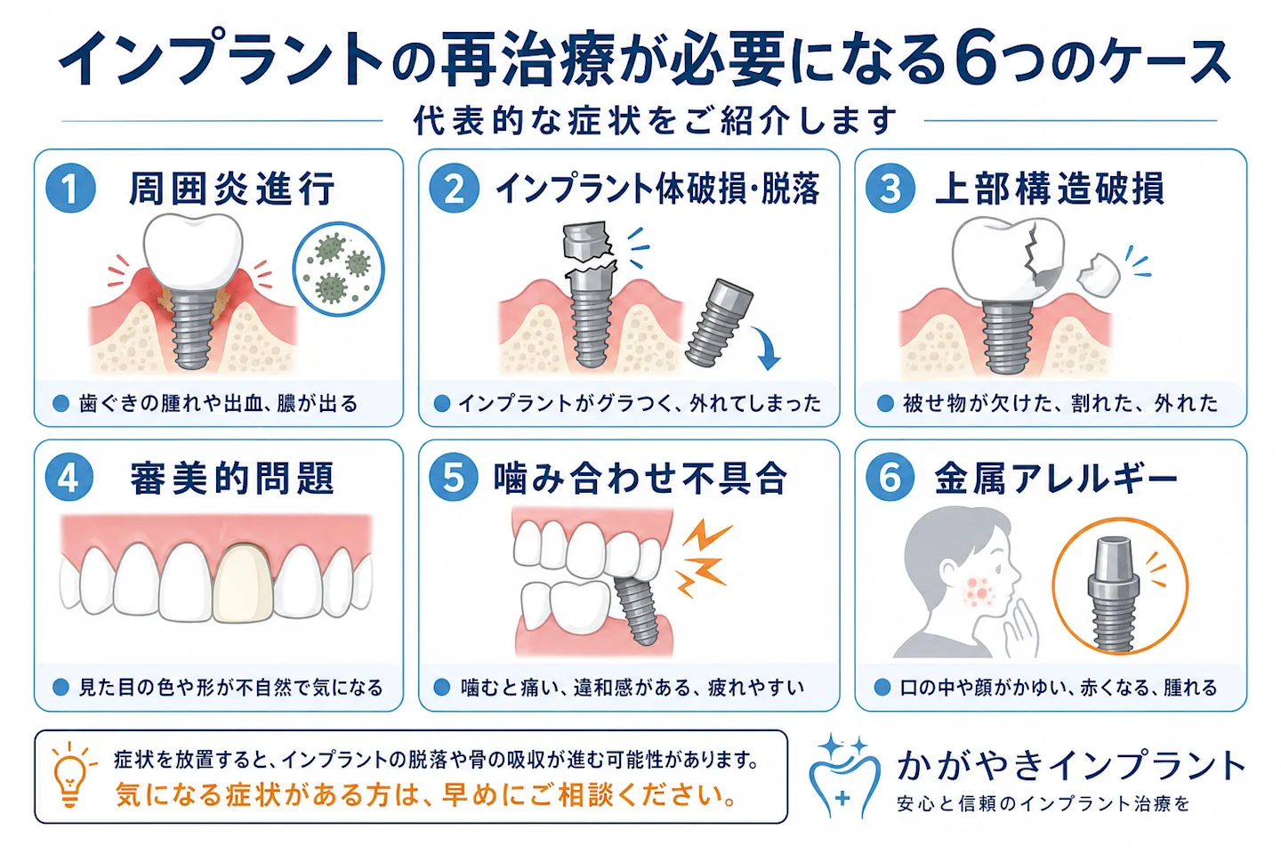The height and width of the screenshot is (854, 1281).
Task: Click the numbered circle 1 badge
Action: pos(70,189)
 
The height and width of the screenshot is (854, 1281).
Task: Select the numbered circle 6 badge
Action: pos(890,477)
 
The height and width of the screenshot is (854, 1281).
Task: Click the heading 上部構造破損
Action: pos(1050,189)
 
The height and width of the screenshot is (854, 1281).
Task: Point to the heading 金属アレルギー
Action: pos(1056,478)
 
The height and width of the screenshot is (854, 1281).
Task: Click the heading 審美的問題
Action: pos(232,478)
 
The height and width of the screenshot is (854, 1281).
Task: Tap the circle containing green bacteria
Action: pos(339,269)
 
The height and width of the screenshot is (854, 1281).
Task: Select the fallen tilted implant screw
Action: pos(719,322)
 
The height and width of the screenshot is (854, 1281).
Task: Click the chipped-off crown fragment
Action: pos(1098,276)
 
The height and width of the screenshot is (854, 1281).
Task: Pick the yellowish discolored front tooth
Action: pos(243,583)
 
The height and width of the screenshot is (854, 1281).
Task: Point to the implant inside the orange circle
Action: pos(1113,594)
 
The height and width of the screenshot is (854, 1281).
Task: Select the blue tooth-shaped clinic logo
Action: pos(844,777)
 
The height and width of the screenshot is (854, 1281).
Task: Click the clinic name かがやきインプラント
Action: pos(1070,765)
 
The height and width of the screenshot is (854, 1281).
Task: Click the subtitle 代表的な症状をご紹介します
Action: pos(655,120)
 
